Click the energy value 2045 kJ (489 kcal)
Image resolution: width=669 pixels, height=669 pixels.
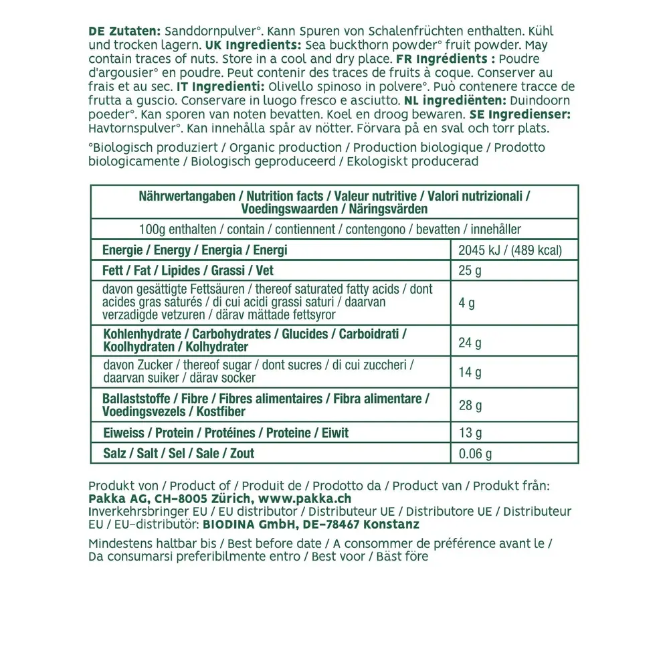pyautogui.click(x=510, y=250)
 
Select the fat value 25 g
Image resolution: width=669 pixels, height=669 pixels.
pyautogui.click(x=470, y=271)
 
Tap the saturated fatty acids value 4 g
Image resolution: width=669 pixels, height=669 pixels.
pyautogui.click(x=467, y=302)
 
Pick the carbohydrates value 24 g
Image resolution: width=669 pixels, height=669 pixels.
pyautogui.click(x=470, y=343)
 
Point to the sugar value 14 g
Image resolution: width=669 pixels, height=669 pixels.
pyautogui.click(x=470, y=372)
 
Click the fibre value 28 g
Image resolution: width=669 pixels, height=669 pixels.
pyautogui.click(x=470, y=405)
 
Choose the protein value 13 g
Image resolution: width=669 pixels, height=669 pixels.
pyautogui.click(x=470, y=433)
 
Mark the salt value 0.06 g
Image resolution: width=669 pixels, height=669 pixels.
pyautogui.click(x=475, y=454)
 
